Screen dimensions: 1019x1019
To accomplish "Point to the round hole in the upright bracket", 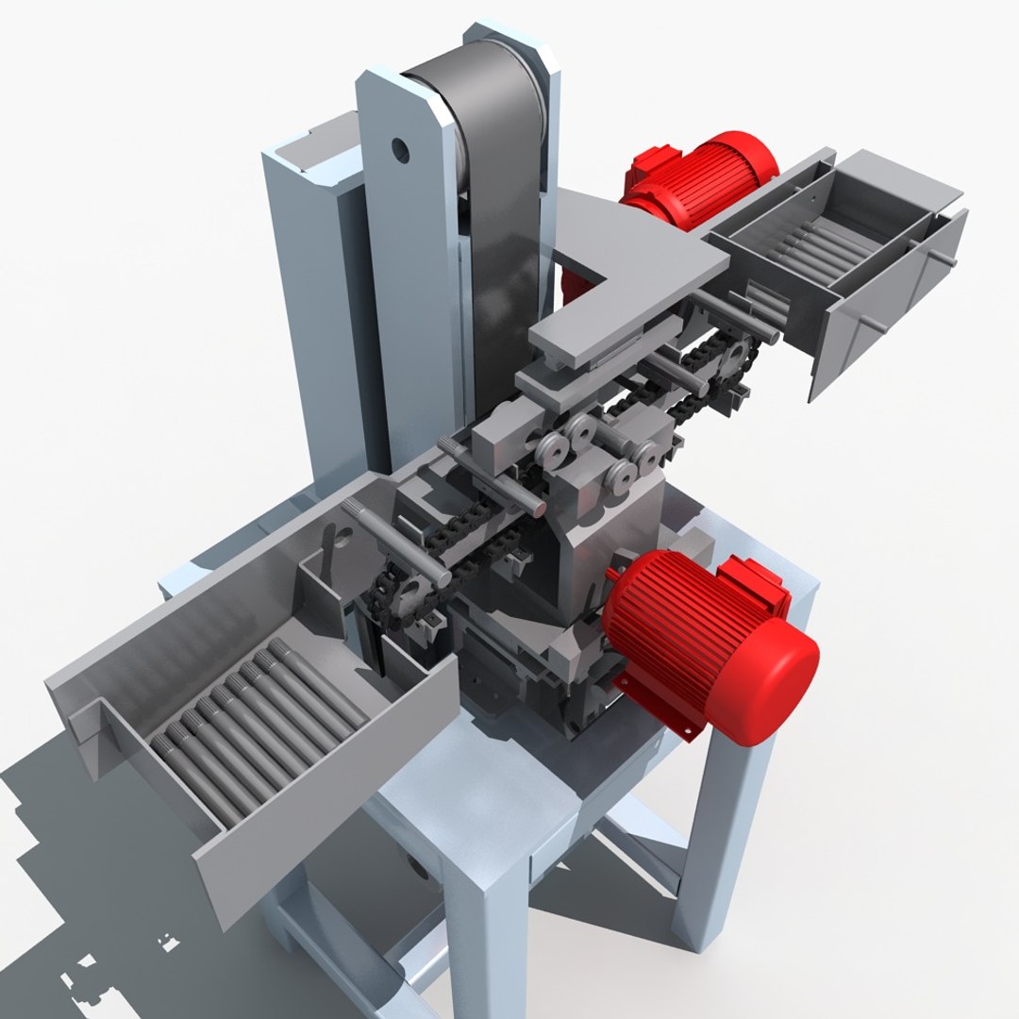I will click(400, 148).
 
